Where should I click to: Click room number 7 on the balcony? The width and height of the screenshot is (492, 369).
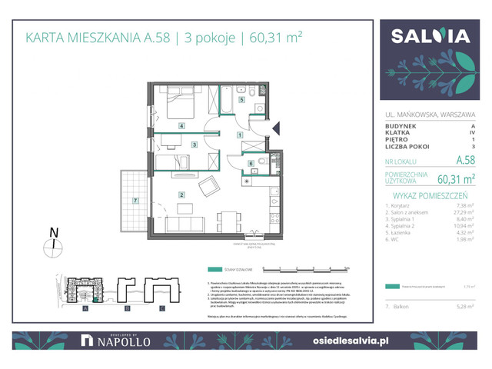(135, 201)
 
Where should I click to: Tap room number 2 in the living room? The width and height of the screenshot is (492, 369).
(181, 194)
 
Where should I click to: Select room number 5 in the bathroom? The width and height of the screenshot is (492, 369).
(241, 100)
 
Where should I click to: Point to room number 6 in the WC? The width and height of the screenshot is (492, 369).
(251, 163)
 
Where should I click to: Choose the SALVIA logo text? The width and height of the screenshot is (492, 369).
(430, 36)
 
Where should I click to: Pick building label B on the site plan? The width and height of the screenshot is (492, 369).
(119, 308)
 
